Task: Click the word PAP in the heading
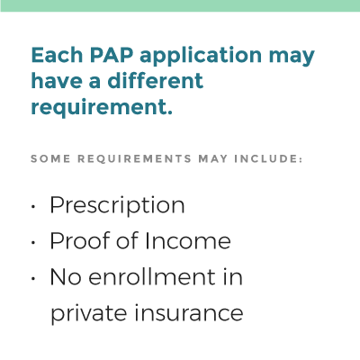112,55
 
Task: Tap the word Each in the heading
57,55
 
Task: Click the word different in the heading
156,80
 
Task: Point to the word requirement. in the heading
102,108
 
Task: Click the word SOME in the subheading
50,158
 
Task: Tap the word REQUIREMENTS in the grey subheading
135,158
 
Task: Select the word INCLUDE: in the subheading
268,158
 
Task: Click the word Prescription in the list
117,206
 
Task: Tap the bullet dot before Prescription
33,206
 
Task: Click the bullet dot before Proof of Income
33,242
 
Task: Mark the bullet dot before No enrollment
33,278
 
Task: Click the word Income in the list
188,241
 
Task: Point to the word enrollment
152,276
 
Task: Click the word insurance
189,312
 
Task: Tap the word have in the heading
57,80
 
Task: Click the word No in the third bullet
66,276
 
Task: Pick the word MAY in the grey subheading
213,158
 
